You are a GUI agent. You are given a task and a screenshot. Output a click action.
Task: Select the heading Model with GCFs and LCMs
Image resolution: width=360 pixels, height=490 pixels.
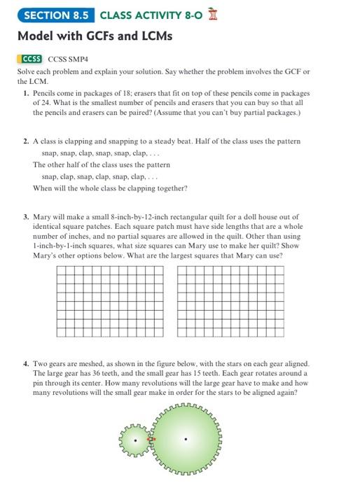coord(94,36)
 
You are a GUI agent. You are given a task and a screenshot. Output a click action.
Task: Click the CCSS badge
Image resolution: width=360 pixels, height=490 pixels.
coord(32,60)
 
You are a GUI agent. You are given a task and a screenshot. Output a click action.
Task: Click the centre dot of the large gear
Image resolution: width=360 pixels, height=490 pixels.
coord(186,440)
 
